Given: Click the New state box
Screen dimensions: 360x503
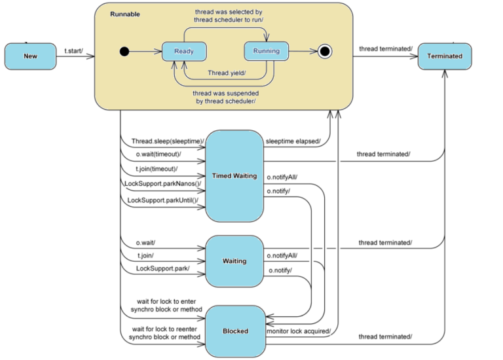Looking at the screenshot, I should coord(30,56).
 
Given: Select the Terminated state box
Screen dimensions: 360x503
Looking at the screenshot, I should coord(445,56).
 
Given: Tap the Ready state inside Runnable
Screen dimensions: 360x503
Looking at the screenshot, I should coord(184,51).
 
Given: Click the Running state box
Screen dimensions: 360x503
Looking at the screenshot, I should coord(266,51).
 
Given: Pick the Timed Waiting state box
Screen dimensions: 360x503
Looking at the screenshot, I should coord(234,176).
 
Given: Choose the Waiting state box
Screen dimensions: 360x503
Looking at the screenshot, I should coord(234,261).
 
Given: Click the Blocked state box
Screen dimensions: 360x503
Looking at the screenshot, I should coord(235,331).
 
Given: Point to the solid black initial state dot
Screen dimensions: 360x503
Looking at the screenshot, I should coord(124,51).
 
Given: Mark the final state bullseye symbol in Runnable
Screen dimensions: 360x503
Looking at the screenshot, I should coord(324,51).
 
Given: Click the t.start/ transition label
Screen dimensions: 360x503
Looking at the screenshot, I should coord(74,50).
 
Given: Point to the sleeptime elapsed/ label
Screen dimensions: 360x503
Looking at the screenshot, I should coord(293,141).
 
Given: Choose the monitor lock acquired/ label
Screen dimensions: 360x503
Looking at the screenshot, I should coord(298,331).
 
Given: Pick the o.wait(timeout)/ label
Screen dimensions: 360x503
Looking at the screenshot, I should coord(157,154).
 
